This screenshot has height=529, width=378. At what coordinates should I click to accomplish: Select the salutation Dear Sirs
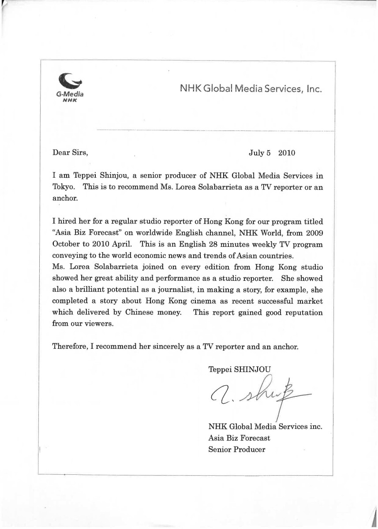70,153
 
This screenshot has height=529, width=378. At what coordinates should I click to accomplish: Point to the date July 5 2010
272,153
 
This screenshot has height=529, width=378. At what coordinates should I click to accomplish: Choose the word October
67,244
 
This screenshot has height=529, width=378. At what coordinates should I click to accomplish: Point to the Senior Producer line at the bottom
237,450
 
